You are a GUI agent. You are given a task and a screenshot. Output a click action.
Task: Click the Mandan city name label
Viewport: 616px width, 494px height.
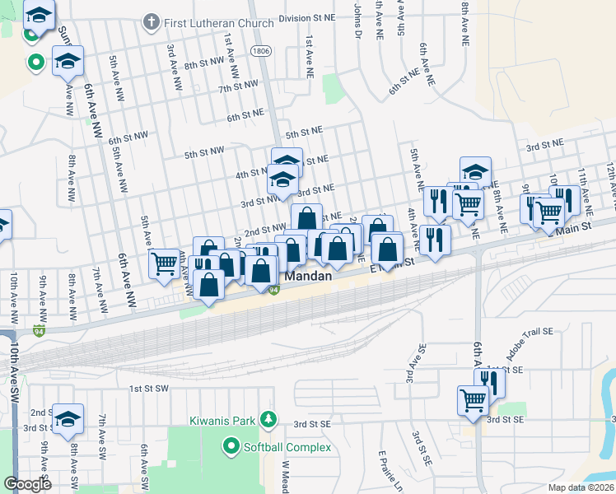pos(308,277)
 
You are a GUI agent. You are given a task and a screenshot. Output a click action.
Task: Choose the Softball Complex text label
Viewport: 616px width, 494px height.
pos(287,448)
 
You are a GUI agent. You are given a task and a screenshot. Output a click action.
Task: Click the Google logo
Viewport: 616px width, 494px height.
pos(28,484)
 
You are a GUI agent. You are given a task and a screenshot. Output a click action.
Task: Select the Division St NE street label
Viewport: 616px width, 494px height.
pos(307,16)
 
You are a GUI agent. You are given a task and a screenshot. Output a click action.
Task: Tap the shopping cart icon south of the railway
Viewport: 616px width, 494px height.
pos(473,401)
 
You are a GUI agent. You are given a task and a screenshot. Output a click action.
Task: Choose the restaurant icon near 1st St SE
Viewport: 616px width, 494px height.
pos(492,382)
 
